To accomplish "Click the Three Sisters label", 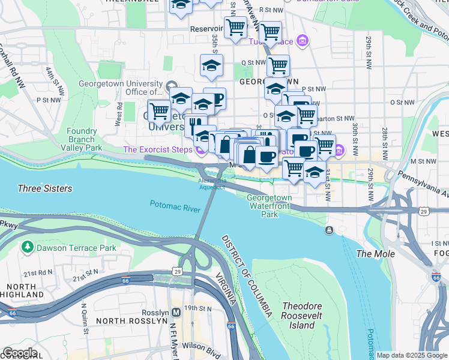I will [45, 188].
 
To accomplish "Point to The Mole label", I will [376, 254].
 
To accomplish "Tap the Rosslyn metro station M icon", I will [176, 312].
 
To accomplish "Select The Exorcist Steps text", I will [158, 149].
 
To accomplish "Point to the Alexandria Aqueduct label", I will [212, 183].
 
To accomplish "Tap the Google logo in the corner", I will [20, 353].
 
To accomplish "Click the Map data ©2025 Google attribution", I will [412, 355].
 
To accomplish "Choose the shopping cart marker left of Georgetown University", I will [159, 111].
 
